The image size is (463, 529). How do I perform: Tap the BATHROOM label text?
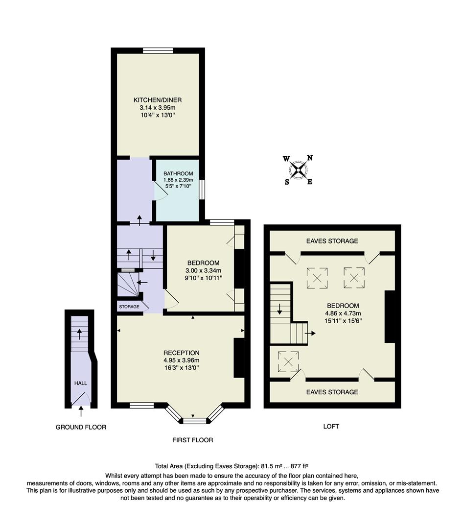[178, 174]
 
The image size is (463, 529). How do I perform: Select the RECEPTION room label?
[181, 353]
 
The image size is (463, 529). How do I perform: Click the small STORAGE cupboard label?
[128, 307]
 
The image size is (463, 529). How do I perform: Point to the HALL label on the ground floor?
[81, 384]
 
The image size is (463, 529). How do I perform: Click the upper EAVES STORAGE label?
[332, 241]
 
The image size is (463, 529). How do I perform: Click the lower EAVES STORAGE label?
[332, 392]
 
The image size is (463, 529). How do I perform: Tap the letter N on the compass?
[310, 158]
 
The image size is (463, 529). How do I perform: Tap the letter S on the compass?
[287, 182]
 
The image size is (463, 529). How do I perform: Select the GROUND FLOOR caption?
[81, 427]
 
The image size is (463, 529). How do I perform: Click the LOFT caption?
[331, 426]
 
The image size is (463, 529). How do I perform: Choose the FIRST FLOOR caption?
[192, 440]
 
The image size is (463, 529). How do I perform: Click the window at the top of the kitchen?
[158, 50]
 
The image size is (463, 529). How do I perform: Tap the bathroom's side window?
[202, 190]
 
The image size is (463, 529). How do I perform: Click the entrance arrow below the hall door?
[81, 411]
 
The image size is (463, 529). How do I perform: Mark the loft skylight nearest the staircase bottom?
[288, 361]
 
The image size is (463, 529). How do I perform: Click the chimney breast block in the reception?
[239, 358]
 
